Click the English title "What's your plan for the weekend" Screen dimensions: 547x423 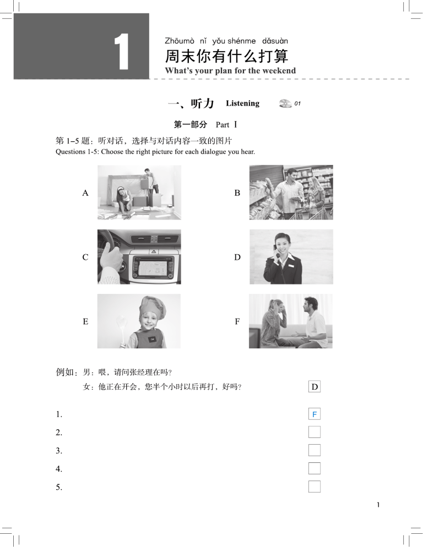[x=230, y=71]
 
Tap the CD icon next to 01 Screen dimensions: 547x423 [x=285, y=103]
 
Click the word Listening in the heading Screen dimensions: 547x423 [x=242, y=103]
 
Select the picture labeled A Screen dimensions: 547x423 [x=139, y=193]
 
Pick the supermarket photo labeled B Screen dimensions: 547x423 [x=291, y=193]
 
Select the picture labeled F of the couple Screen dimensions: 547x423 [x=291, y=321]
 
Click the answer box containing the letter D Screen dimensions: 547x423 [x=314, y=387]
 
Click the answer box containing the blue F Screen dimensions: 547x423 [x=314, y=414]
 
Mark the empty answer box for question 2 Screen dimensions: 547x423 [x=314, y=432]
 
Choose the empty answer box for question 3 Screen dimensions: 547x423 [x=314, y=450]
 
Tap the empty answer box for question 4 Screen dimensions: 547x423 [x=314, y=468]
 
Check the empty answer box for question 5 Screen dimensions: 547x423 [x=314, y=486]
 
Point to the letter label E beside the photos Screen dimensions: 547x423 [x=85, y=321]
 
